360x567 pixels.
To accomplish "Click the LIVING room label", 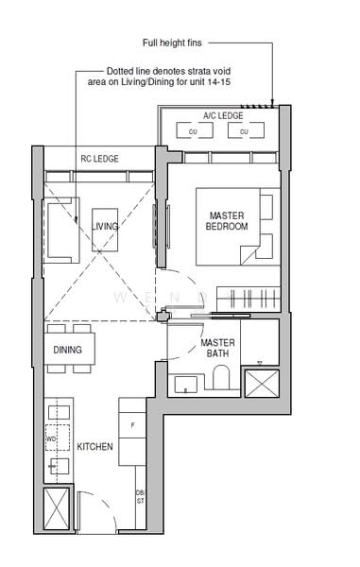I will tap(106, 227).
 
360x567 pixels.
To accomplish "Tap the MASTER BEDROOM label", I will tap(227, 221).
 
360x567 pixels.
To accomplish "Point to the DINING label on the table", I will tap(67, 351).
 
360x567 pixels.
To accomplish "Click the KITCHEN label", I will tap(95, 446).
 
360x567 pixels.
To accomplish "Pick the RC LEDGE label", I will tap(99, 159).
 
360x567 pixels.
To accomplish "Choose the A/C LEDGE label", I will tap(223, 115).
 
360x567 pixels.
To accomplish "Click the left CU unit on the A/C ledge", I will tap(193, 132).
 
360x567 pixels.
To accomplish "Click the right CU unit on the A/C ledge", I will tap(243, 132).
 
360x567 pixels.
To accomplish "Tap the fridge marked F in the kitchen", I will tap(132, 425).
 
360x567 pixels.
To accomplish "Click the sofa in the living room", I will tap(62, 232).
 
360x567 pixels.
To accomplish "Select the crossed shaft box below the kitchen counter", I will tap(59, 511).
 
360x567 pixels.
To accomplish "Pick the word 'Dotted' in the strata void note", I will tap(120, 72).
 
